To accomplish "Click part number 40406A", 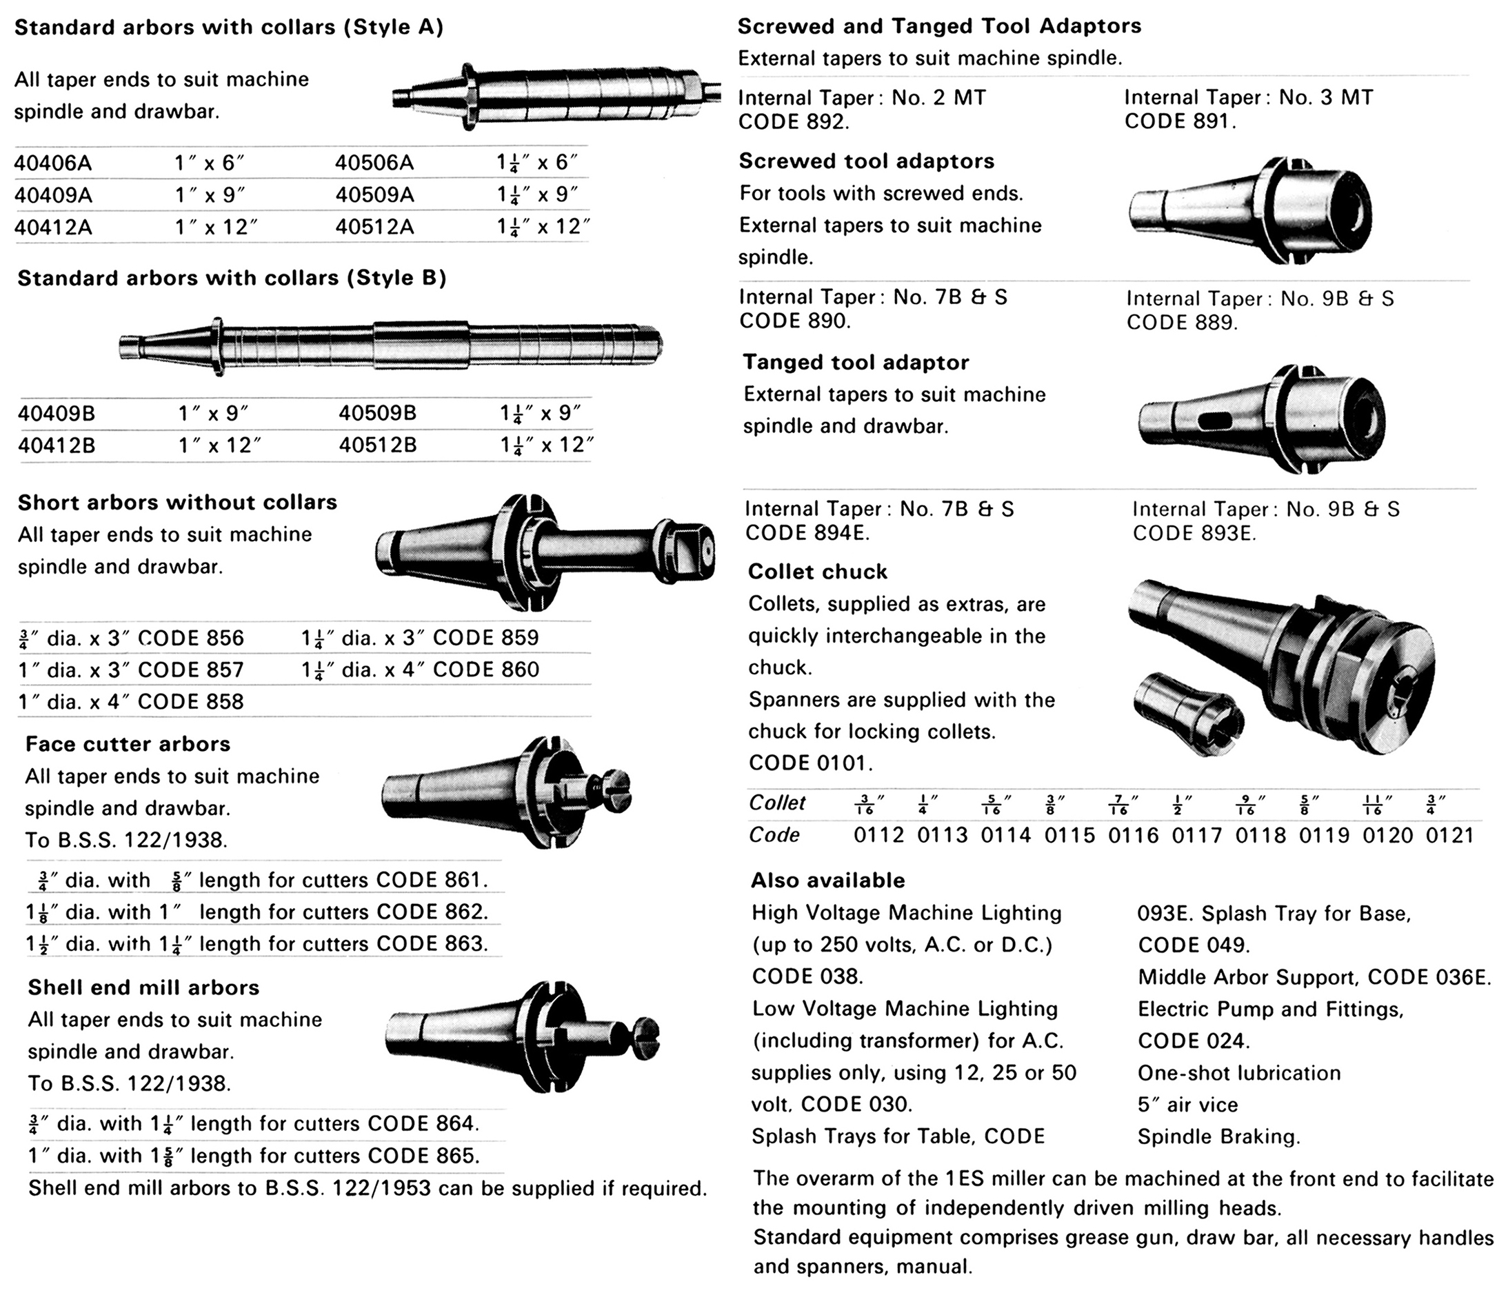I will click(53, 162).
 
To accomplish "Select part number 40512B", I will click(378, 445).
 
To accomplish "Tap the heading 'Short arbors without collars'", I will click(178, 502).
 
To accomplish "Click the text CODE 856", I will click(191, 639).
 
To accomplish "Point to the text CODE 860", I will click(485, 670).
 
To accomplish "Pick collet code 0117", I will click(1196, 835).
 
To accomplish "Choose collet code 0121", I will click(1450, 835).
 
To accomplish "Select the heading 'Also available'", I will click(827, 880).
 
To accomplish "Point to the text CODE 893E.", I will click(1194, 534).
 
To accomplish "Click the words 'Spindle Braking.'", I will click(1218, 1136).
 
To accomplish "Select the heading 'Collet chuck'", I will click(817, 572).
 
